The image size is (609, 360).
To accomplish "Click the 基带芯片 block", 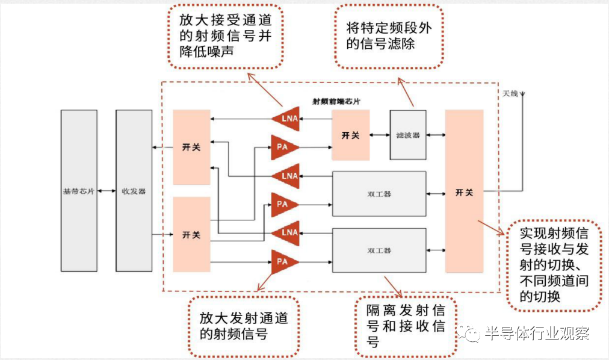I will [x=79, y=190].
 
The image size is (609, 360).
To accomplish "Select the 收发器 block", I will [x=134, y=190].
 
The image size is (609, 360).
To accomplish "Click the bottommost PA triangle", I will [x=283, y=261].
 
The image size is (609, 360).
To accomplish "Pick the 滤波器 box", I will [x=407, y=135].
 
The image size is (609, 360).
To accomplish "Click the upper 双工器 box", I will [x=379, y=194].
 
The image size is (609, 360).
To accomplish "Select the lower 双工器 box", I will [x=379, y=250].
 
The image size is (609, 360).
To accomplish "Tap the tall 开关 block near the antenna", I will [x=464, y=191].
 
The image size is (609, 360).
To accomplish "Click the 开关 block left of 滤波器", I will [x=350, y=135].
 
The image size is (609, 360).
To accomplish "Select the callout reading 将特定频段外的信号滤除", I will [x=389, y=36].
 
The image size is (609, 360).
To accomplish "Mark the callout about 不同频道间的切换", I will [x=554, y=265].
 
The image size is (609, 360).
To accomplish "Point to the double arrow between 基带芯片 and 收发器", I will [x=106, y=190].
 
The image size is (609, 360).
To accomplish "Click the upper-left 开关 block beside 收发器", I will [x=191, y=147].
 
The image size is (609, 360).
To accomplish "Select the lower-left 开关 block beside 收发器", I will [x=191, y=234].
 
